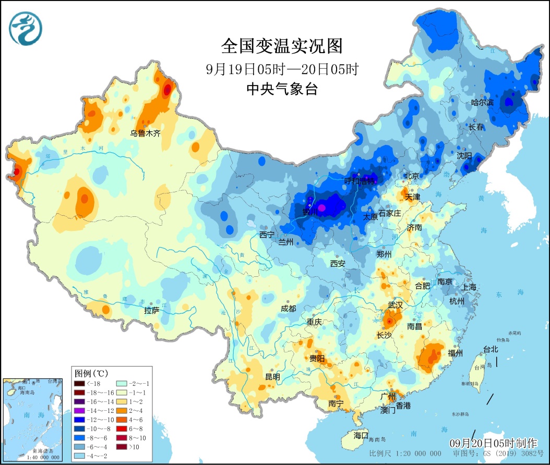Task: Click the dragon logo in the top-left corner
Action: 25,28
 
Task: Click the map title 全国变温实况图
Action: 282,46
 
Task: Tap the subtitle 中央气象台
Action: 282,89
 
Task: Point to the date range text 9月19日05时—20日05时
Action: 282,69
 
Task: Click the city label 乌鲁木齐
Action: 146,133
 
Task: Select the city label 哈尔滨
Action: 482,102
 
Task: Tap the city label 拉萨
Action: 151,311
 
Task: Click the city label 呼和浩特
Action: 360,181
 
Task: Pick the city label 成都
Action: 288,309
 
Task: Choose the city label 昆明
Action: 272,376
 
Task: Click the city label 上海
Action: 469,287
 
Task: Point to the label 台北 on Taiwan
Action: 491,350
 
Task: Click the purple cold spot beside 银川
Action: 322,207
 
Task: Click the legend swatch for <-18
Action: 80,384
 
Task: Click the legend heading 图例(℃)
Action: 92,373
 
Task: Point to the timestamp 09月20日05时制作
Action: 493,444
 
